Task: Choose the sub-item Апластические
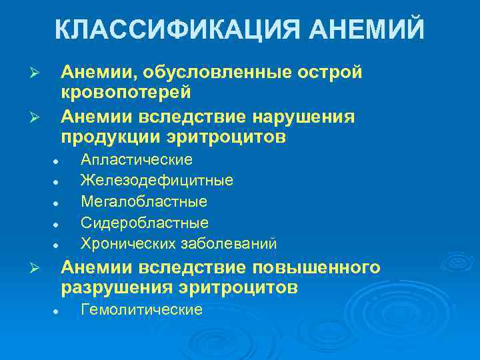click(136, 160)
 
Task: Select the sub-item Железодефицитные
click(157, 181)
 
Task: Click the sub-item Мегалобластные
click(144, 201)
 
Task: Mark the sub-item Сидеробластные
click(145, 222)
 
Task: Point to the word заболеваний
click(227, 243)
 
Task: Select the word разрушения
click(109, 288)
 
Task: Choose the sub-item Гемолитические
click(141, 310)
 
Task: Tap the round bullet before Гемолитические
click(58, 311)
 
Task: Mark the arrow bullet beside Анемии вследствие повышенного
click(39, 269)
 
